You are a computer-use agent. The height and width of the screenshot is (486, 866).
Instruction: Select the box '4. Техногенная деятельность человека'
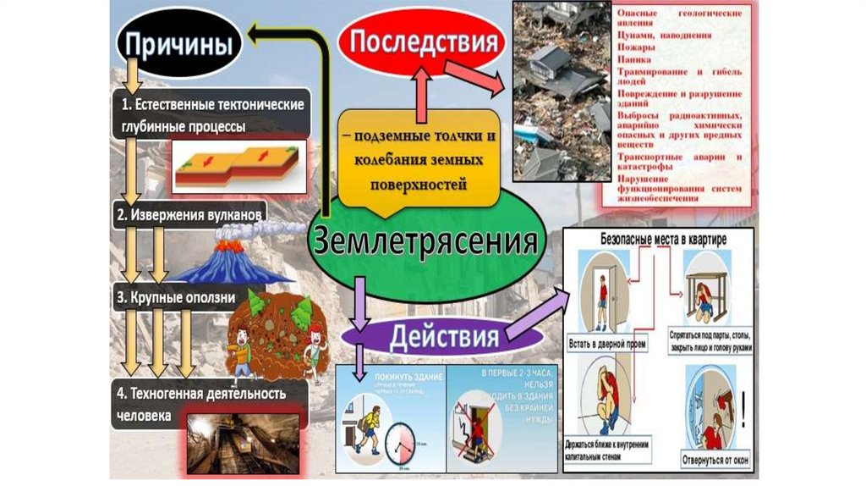point(200,403)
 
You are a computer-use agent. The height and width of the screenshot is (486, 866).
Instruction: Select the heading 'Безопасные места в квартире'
point(663,240)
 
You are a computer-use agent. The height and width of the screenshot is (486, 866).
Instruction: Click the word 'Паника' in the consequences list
point(634,60)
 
